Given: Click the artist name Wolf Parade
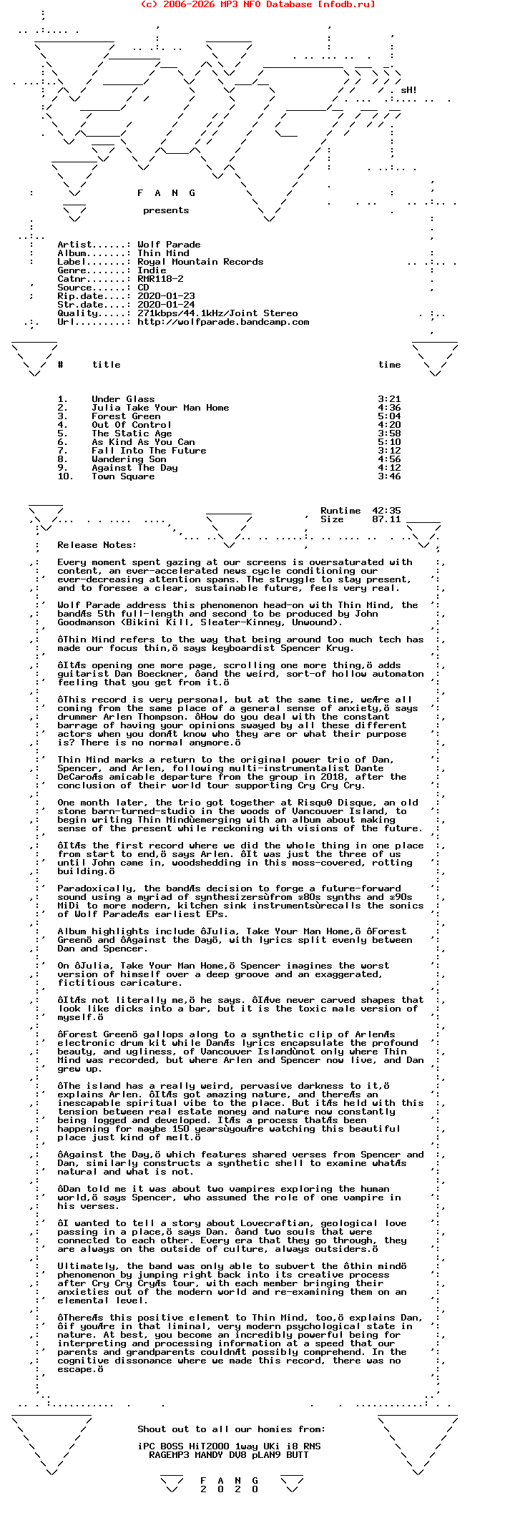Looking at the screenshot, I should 169,245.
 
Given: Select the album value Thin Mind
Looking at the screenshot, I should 163,253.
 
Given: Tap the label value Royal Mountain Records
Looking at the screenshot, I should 200,262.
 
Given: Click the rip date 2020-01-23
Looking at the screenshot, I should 166,296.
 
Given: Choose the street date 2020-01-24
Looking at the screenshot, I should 166,305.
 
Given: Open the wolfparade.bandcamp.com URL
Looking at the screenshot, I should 223,322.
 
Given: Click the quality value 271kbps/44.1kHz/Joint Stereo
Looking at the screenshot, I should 217,313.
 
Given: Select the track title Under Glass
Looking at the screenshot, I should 123,399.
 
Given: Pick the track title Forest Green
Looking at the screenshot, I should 126,416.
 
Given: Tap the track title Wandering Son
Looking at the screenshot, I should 129,459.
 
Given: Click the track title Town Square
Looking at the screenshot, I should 123,476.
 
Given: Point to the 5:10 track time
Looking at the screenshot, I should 389,442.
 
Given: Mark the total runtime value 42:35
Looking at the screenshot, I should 386,511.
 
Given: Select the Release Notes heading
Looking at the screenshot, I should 97,545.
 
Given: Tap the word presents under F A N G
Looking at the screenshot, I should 166,210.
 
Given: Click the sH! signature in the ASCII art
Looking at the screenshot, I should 408,90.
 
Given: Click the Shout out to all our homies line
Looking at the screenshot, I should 231,1429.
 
